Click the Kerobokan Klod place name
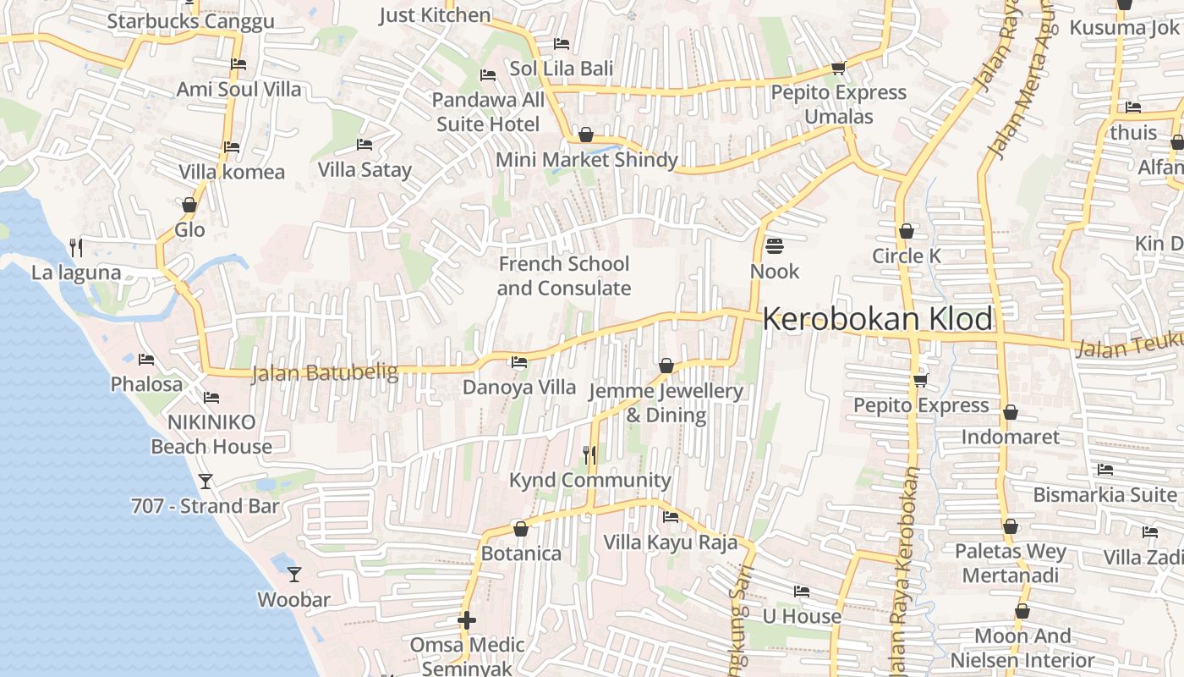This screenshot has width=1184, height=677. click(877, 320)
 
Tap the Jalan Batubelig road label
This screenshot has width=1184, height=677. click(325, 372)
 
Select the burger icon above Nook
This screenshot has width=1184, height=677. click(774, 246)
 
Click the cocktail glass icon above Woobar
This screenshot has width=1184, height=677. click(294, 574)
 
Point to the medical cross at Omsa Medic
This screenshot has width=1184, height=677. click(466, 620)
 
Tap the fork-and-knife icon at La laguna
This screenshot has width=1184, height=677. click(76, 247)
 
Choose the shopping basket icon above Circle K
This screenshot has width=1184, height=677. click(907, 230)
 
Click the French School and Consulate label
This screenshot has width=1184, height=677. click(564, 276)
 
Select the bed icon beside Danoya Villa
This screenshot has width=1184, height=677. click(519, 362)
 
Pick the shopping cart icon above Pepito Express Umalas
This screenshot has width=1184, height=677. click(838, 68)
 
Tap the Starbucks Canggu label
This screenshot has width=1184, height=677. click(191, 21)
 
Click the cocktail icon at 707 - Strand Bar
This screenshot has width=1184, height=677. click(205, 482)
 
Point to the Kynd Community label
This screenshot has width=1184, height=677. click(589, 481)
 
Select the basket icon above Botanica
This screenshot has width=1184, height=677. click(521, 529)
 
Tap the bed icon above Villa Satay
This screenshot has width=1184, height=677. click(365, 145)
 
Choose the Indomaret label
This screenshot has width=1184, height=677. click(1010, 437)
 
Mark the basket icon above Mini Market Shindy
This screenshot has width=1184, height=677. click(585, 135)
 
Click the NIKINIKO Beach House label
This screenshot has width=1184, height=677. click(211, 434)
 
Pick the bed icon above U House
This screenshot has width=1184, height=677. click(802, 591)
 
